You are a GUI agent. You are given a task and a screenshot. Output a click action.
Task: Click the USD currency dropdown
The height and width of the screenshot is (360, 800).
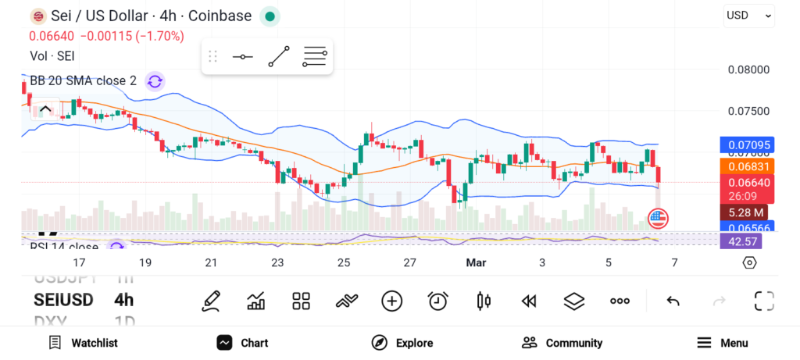click(748, 15)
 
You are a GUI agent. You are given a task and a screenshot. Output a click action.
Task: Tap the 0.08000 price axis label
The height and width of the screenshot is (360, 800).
click(748, 70)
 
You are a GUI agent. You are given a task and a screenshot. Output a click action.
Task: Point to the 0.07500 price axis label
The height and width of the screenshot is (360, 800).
click(748, 111)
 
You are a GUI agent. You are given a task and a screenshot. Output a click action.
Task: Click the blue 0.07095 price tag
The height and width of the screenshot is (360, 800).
click(747, 144)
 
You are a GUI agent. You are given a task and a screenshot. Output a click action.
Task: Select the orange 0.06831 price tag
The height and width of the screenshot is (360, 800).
click(747, 166)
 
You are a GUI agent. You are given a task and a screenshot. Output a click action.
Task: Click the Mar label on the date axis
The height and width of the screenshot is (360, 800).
click(476, 263)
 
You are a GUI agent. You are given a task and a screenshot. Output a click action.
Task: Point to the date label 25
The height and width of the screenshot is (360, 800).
click(344, 263)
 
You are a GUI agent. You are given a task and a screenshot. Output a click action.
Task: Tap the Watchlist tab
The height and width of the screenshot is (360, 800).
click(83, 343)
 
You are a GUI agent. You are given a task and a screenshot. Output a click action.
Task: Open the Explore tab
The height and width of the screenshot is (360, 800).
click(402, 343)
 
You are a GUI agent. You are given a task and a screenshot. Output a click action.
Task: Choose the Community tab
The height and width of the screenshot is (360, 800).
click(562, 343)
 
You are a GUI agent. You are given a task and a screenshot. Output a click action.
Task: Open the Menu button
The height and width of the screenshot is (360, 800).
click(723, 343)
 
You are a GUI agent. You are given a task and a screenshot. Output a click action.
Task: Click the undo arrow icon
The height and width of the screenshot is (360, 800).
click(673, 301)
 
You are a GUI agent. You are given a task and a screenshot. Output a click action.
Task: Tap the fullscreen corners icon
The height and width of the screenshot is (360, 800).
click(763, 301)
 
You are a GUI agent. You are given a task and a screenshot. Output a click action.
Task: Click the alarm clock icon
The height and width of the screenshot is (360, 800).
click(437, 301)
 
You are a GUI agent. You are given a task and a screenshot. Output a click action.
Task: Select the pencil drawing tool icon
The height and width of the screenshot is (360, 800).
click(210, 301)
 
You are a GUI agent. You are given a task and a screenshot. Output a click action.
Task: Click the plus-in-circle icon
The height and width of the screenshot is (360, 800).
click(391, 301)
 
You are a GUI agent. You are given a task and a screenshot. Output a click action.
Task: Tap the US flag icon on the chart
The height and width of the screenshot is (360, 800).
click(658, 219)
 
